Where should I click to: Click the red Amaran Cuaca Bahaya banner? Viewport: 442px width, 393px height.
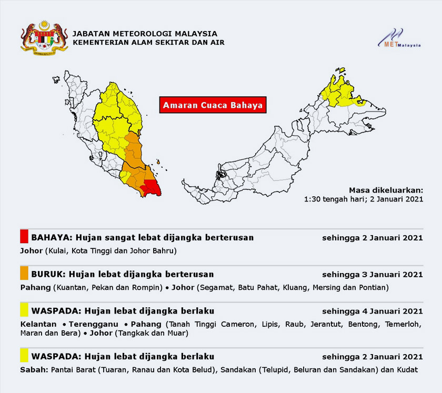212,105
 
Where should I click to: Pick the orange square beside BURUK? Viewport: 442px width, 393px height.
24,274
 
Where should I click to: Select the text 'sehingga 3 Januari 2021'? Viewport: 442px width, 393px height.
372,275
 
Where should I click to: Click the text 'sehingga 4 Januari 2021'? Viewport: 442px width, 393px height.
372,311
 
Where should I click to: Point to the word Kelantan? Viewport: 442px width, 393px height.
37,323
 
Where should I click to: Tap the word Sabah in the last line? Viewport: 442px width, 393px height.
32,370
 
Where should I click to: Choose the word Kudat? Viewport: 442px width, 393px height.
406,370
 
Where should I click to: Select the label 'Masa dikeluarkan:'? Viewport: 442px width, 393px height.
386,190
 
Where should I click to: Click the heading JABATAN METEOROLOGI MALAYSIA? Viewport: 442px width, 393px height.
145,33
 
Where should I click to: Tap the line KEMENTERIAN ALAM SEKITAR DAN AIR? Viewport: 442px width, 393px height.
148,42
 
